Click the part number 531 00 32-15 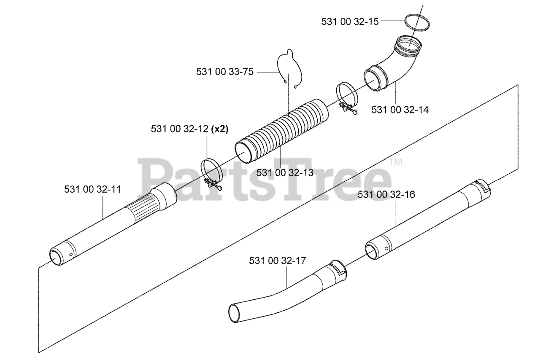pyautogui.click(x=350, y=21)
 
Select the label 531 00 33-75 pyautogui.click(x=225, y=72)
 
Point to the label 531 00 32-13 pyautogui.click(x=285, y=172)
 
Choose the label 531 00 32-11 pyautogui.click(x=92, y=190)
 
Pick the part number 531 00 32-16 pyautogui.click(x=386, y=195)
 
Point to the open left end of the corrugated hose pyautogui.click(x=244, y=151)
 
